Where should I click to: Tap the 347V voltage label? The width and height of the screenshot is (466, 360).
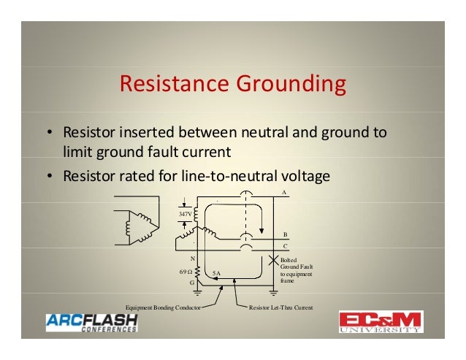pyautogui.click(x=186, y=213)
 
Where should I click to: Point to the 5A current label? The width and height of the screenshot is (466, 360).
pyautogui.click(x=217, y=274)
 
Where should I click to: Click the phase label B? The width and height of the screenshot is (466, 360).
pyautogui.click(x=284, y=234)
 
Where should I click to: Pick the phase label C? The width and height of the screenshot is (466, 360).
pyautogui.click(x=284, y=245)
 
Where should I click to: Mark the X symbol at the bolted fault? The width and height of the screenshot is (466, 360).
pyautogui.click(x=274, y=260)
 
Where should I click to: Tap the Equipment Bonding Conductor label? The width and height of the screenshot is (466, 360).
pyautogui.click(x=163, y=307)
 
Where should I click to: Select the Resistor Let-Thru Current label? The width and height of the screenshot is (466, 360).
pyautogui.click(x=281, y=307)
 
